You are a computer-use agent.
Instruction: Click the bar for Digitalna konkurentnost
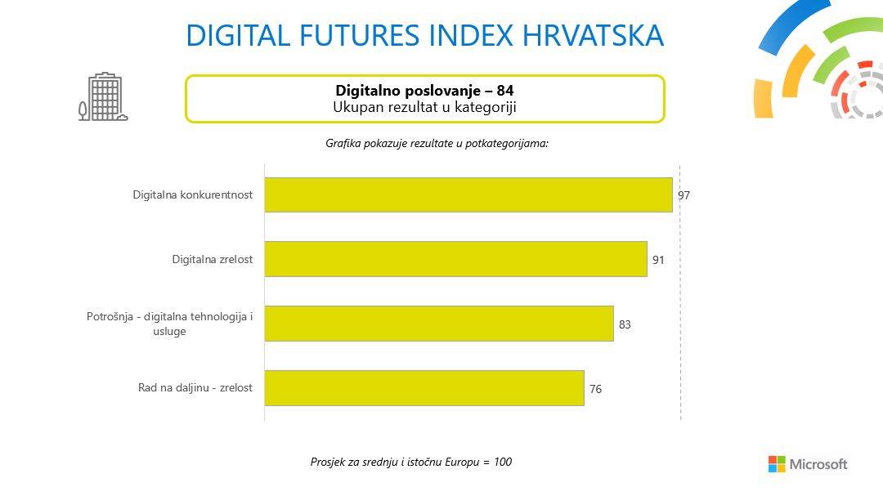pyautogui.click(x=468, y=194)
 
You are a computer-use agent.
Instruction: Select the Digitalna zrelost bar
pyautogui.click(x=455, y=259)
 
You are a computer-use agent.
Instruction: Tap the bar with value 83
pyautogui.click(x=438, y=324)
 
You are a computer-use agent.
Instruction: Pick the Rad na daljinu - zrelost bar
pyautogui.click(x=424, y=388)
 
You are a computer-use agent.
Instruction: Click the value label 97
pyautogui.click(x=684, y=195)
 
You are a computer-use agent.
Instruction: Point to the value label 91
pyautogui.click(x=658, y=260)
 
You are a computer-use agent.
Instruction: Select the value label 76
pyautogui.click(x=595, y=389)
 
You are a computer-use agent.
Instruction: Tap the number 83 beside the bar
pyautogui.click(x=625, y=324)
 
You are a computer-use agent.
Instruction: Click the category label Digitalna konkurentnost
pyautogui.click(x=192, y=194)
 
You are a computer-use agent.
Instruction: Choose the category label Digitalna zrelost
pyautogui.click(x=212, y=259)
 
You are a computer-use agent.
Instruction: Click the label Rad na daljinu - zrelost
pyautogui.click(x=195, y=388)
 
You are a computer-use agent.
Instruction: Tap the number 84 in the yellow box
pyautogui.click(x=505, y=90)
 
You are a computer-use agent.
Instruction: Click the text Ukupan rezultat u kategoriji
pyautogui.click(x=424, y=106)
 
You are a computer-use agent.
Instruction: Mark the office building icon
pyautogui.click(x=104, y=98)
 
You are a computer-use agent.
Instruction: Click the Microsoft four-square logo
pyautogui.click(x=776, y=464)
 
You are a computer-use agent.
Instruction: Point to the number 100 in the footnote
pyautogui.click(x=502, y=462)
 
